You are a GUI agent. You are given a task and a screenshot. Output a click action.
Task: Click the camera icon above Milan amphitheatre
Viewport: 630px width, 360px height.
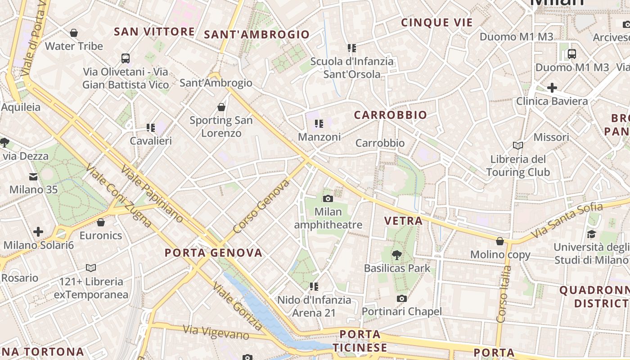328,198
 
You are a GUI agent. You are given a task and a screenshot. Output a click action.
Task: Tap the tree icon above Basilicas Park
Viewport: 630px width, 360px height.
397,255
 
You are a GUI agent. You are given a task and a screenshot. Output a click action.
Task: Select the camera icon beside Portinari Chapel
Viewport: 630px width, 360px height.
402,298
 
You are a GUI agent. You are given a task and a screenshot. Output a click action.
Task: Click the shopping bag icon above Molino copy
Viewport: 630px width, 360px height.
500,242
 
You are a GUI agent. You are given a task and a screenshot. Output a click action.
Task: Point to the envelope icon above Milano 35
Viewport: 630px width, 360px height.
33,176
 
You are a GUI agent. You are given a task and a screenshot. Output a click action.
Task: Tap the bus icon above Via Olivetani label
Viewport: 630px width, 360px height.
126,58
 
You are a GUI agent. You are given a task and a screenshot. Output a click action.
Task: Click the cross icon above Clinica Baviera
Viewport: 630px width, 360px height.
552,88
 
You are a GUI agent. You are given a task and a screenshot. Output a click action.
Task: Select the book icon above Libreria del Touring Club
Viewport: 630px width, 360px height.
518,145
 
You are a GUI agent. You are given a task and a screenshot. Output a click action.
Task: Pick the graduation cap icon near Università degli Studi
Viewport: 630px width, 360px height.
591,234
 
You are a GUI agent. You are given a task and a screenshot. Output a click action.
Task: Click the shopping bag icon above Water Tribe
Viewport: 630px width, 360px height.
74,33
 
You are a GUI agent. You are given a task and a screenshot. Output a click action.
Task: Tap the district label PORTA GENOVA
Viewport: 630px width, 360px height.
213,253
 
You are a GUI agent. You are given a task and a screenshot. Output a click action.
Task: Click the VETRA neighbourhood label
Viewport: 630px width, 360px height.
404,221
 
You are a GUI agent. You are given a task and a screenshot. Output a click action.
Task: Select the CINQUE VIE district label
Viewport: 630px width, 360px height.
436,22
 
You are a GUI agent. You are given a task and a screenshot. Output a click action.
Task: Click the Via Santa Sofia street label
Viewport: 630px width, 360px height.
567,220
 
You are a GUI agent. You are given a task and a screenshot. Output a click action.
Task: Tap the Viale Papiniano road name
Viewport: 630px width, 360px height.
152,193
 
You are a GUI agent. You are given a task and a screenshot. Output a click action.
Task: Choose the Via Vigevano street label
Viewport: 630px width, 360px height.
216,332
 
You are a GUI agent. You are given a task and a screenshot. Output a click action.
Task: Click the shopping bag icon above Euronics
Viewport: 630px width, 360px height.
101,222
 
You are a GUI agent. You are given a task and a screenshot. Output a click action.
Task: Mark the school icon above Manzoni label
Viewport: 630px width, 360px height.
319,124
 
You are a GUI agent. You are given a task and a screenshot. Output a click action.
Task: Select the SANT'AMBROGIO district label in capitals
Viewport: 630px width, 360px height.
256,35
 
